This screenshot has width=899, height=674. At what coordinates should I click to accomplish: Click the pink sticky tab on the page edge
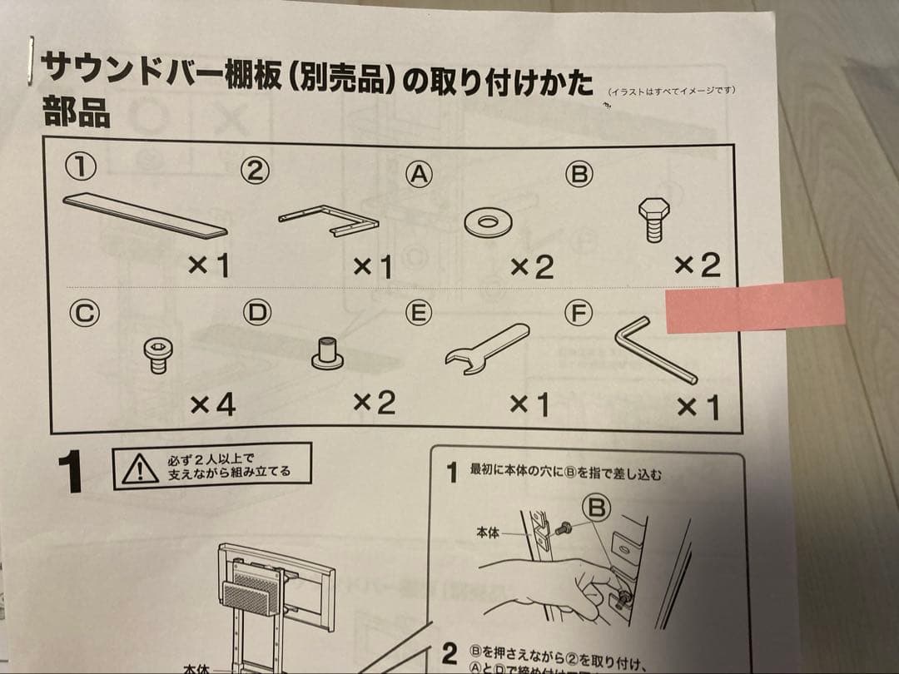click(756, 305)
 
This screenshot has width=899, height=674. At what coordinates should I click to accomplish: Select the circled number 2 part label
click(256, 171)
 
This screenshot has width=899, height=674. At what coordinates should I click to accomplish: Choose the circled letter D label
click(256, 313)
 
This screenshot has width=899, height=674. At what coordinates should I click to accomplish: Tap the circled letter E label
click(418, 314)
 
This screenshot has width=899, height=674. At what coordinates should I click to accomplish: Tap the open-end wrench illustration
click(486, 345)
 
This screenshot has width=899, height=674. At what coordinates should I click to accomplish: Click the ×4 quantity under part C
click(212, 405)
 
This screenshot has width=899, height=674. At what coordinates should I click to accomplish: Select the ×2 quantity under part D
click(374, 404)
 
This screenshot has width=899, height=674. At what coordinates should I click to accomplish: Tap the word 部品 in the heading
click(76, 113)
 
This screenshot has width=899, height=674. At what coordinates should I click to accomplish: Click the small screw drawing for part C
click(157, 355)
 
